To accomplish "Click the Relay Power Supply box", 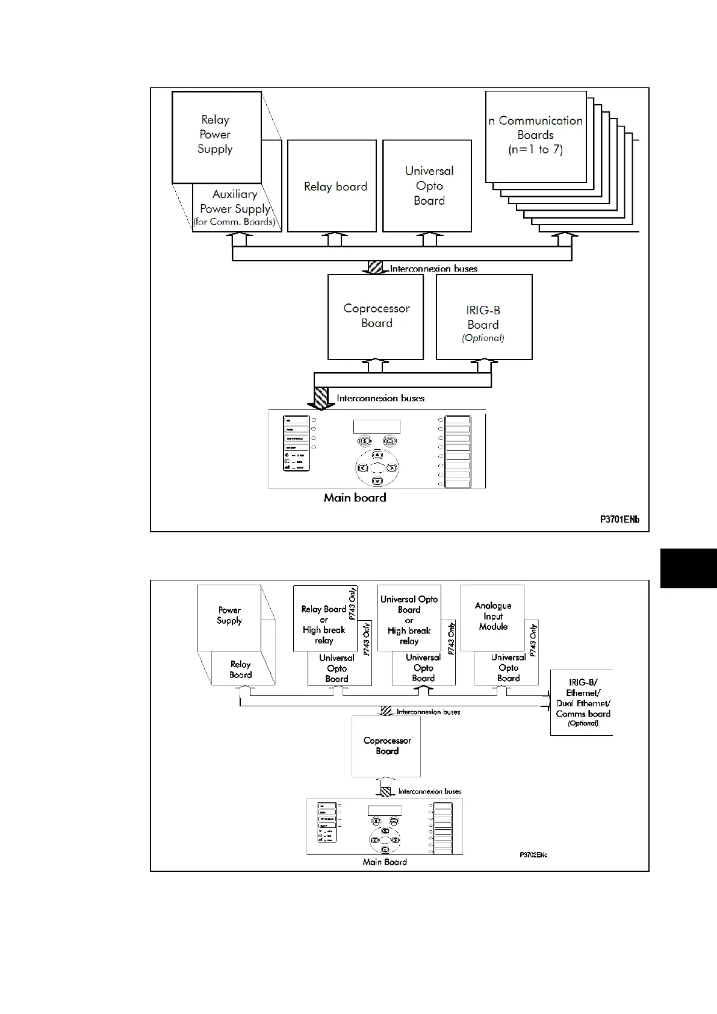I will click(x=216, y=137).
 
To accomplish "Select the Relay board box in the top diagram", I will click(x=332, y=186).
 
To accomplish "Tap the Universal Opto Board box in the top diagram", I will click(x=427, y=185).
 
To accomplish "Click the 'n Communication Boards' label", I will click(x=535, y=135).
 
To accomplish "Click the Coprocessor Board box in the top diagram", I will click(x=376, y=316).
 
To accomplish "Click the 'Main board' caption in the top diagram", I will click(x=355, y=497).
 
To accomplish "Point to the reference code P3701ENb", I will click(x=619, y=519).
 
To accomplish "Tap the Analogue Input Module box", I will click(x=492, y=616).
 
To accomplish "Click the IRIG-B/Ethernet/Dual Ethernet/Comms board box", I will click(x=582, y=702).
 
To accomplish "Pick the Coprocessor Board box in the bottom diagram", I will click(x=386, y=745).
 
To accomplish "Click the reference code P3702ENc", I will click(x=533, y=854).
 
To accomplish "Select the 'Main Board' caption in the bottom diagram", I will click(x=385, y=862).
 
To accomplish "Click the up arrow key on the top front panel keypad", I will click(x=377, y=456).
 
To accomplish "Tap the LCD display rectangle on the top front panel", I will click(x=377, y=426).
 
